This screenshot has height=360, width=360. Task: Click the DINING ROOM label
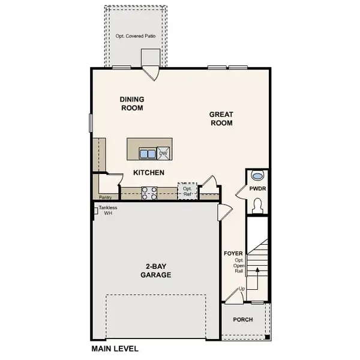point(131,104)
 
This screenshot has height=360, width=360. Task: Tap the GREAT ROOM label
point(221,118)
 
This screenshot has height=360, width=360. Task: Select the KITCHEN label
point(149,172)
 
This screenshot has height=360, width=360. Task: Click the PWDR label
point(258,188)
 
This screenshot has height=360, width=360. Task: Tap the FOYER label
point(233,253)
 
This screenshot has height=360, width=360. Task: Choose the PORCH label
point(243,320)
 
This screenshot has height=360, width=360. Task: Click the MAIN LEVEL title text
point(115,349)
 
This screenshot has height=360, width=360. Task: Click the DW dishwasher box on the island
point(163,154)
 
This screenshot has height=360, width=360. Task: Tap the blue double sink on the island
point(148,154)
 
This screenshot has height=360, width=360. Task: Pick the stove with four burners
point(149,193)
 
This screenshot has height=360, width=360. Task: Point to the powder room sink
point(258,176)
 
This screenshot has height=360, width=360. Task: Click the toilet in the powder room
point(258,205)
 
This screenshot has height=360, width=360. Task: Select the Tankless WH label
point(108,211)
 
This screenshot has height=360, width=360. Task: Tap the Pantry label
point(106,196)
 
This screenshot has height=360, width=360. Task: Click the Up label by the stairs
point(242,289)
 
